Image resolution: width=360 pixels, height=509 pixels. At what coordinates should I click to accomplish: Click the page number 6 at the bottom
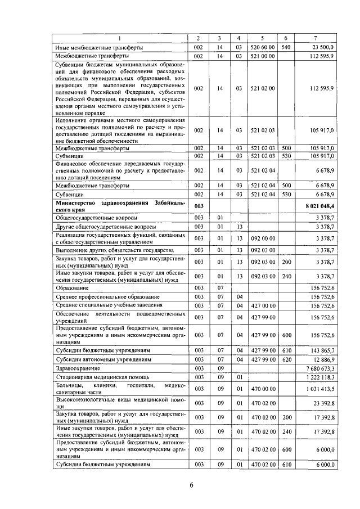pos(191,487)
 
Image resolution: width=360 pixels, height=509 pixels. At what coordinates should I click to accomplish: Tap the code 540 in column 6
pos(285,47)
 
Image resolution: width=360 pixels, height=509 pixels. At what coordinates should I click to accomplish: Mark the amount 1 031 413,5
pos(319,388)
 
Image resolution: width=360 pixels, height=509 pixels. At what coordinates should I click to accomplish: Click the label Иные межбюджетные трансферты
pos(98,47)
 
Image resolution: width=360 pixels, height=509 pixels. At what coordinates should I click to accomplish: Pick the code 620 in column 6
pos(285,358)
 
